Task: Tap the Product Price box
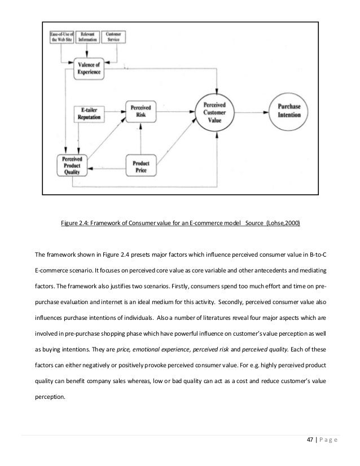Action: (141, 167)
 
